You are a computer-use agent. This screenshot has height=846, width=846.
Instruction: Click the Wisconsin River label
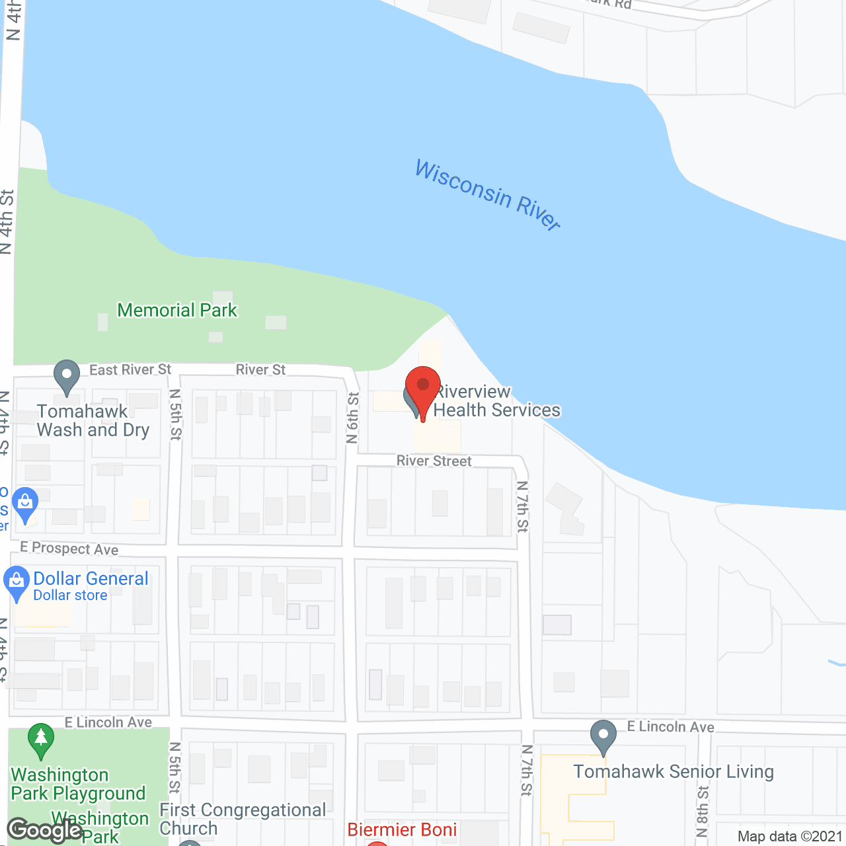pyautogui.click(x=488, y=194)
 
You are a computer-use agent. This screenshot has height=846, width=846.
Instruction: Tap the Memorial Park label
pyautogui.click(x=177, y=310)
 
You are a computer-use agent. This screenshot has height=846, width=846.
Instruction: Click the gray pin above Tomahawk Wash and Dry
pyautogui.click(x=66, y=377)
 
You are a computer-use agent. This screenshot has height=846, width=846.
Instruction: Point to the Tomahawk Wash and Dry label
pyautogui.click(x=93, y=420)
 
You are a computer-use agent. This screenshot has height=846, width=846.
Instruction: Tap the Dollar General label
pyautogui.click(x=91, y=579)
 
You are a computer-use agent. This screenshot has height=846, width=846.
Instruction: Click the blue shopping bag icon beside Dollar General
pyautogui.click(x=17, y=582)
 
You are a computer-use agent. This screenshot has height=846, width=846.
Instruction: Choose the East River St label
pyautogui.click(x=130, y=369)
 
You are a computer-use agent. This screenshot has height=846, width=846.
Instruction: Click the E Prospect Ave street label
pyautogui.click(x=69, y=549)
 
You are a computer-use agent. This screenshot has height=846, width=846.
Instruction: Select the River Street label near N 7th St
pyautogui.click(x=434, y=461)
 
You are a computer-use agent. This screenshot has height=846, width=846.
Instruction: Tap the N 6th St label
pyautogui.click(x=353, y=418)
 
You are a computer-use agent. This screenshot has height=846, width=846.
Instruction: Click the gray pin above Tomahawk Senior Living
pyautogui.click(x=603, y=736)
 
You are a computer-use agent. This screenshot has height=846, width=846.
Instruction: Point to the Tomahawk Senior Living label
pyautogui.click(x=673, y=771)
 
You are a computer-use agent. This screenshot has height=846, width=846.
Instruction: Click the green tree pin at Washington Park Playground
pyautogui.click(x=41, y=740)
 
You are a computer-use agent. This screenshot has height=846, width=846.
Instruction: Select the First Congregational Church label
pyautogui.click(x=243, y=819)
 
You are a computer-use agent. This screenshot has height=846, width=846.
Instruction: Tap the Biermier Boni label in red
pyautogui.click(x=402, y=829)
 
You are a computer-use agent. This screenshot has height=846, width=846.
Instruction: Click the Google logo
pyautogui.click(x=45, y=830)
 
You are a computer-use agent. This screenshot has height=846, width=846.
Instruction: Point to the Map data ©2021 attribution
pyautogui.click(x=790, y=836)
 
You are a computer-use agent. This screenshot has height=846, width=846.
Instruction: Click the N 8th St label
pyautogui.click(x=703, y=812)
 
